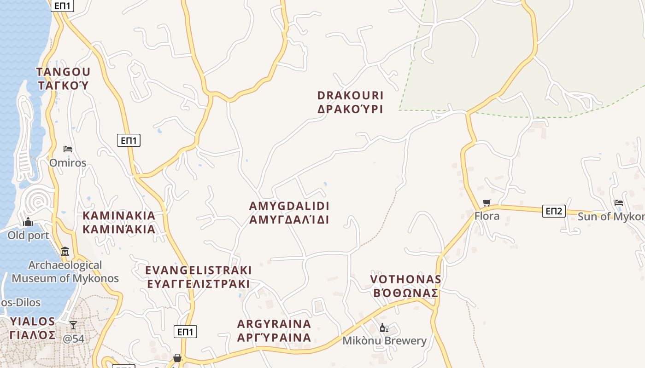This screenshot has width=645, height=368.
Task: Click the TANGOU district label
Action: pos(63,78)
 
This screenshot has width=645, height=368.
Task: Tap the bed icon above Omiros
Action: pos(68,149)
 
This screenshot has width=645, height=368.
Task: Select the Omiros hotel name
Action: pos(68,163)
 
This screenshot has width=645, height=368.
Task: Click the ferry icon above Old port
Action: pos(28,222)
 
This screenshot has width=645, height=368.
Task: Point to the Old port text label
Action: pos(28,236)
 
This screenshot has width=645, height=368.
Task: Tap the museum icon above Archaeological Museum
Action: pos(65,252)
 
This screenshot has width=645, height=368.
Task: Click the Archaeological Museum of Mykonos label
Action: pos(65,271)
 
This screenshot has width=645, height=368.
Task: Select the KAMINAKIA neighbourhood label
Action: pos(119,222)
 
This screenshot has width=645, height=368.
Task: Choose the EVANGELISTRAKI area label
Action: pos(198,276)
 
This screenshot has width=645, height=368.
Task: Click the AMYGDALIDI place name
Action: pos(289,213)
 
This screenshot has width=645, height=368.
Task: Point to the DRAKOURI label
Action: pos(350,102)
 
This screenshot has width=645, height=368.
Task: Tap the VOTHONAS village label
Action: pos(405,286)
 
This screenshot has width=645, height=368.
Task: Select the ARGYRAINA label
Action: pos(274,331)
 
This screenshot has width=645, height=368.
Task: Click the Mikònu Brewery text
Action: pos(384,341)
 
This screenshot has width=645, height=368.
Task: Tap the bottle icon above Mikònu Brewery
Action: pos(384,328)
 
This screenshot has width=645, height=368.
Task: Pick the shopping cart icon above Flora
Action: pos(487,202)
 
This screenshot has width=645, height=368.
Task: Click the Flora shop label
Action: pos(487,216)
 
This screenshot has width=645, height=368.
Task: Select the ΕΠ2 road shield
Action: pos(553,211)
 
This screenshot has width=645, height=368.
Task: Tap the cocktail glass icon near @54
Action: pos(73,325)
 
